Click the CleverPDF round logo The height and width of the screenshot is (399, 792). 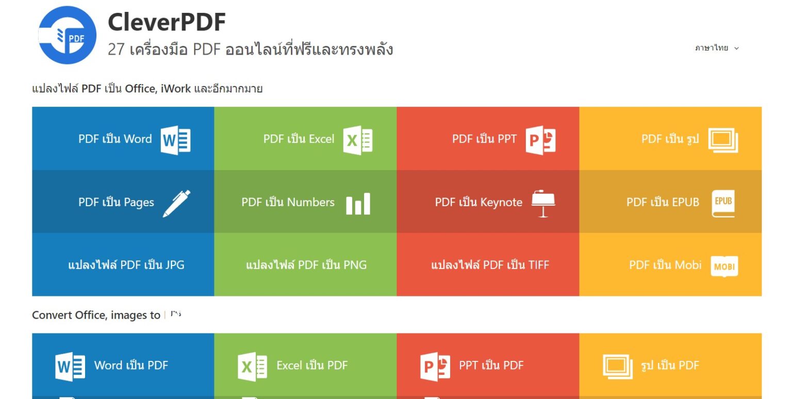tap(67, 35)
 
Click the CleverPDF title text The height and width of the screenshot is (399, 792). tap(167, 22)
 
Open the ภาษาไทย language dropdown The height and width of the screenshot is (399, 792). tap(717, 48)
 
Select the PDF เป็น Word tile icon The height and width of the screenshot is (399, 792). tap(175, 140)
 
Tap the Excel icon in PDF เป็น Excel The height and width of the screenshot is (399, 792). tap(357, 140)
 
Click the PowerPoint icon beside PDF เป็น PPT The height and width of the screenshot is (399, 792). tap(540, 140)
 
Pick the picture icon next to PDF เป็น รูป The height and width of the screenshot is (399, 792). tap(723, 140)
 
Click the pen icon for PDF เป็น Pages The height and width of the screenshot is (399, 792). tap(176, 203)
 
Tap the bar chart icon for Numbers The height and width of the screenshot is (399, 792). tap(358, 204)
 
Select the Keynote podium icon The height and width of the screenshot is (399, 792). tap(543, 204)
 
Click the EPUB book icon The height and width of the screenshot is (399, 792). tap(723, 204)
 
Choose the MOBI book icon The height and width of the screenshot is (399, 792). tap(724, 266)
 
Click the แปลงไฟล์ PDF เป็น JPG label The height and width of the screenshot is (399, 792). tap(126, 264)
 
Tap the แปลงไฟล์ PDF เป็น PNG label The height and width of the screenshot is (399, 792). tap(306, 264)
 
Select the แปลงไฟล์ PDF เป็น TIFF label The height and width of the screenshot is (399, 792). tap(490, 264)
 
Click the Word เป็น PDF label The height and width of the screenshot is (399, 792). tap(131, 365)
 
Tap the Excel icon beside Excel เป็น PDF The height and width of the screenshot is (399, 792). tap(252, 367)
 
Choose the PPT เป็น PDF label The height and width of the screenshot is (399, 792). tap(491, 365)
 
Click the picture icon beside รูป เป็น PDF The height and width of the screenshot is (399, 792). tap(617, 367)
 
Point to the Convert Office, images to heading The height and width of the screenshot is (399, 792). tap(96, 315)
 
